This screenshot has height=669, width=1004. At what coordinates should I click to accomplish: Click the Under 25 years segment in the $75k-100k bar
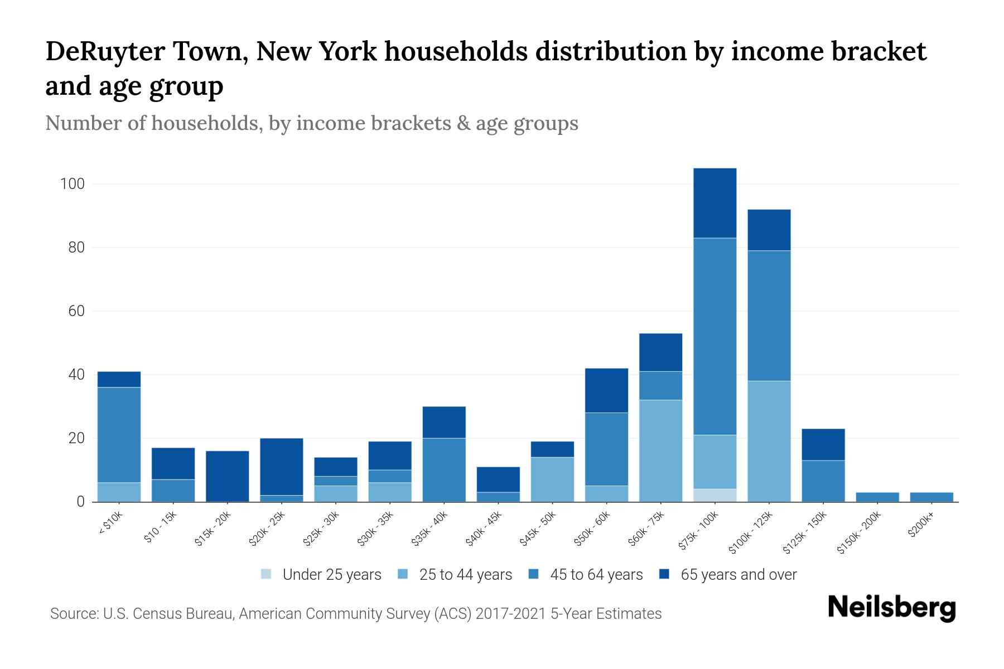click(x=715, y=495)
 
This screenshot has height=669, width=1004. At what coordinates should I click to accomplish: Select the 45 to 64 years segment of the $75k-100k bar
click(x=715, y=336)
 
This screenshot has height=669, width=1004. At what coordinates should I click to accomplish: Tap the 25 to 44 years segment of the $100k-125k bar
click(x=769, y=441)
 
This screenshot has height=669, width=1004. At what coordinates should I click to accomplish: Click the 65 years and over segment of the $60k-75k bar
click(x=660, y=352)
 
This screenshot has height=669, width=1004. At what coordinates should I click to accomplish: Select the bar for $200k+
click(x=931, y=497)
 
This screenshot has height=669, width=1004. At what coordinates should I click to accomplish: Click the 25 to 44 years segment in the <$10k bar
click(x=119, y=492)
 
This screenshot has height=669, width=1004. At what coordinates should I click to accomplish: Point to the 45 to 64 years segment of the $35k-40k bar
click(x=444, y=469)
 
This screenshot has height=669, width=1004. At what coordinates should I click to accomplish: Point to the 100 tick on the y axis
click(x=72, y=184)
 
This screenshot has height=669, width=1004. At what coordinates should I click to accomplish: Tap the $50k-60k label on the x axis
click(x=592, y=530)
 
